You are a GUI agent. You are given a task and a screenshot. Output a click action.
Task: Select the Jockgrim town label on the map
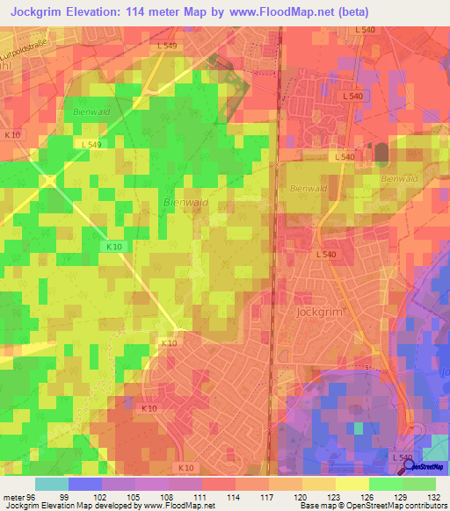[x=317, y=311]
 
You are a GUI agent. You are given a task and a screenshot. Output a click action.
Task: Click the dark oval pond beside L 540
[x=381, y=153]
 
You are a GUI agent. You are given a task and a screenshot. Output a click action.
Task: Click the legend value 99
[x=64, y=496]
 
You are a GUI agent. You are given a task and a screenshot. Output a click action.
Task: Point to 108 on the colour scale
[x=169, y=496]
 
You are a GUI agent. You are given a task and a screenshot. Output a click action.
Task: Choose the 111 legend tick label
[x=202, y=496]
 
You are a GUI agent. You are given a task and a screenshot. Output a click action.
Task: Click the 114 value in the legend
[x=236, y=496]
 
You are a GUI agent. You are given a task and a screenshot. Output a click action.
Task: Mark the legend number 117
[x=269, y=496]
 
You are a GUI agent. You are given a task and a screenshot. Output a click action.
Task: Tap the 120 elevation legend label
[x=302, y=496]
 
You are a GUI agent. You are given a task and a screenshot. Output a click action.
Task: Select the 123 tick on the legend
[x=336, y=496]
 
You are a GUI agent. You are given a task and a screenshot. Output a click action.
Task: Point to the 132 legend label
[x=433, y=496]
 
